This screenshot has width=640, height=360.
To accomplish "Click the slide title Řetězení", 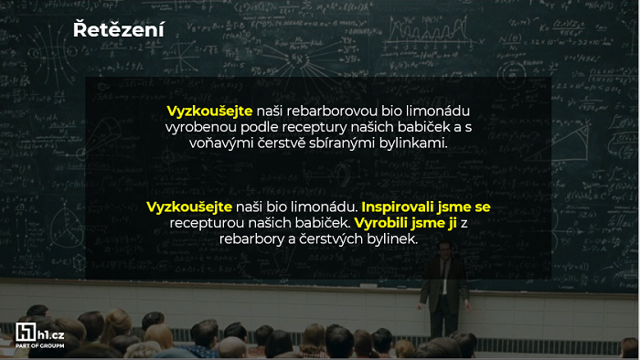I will pyautogui.click(x=119, y=30).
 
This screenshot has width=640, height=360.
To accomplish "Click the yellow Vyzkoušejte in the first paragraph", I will pyautogui.click(x=209, y=111).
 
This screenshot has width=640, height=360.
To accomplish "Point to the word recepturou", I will pyautogui.click(x=207, y=223).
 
